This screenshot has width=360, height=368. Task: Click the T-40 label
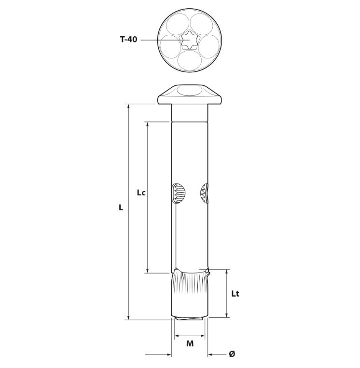(128, 40)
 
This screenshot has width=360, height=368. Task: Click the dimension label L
(121, 207)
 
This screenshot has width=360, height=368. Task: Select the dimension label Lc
(141, 193)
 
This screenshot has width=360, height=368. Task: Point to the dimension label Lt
(235, 294)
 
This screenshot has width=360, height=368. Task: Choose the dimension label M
(190, 343)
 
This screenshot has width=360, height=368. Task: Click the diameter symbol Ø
(232, 354)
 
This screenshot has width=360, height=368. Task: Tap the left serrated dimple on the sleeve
(179, 193)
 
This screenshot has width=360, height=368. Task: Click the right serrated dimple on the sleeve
(204, 193)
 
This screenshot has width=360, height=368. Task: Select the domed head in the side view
(190, 95)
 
